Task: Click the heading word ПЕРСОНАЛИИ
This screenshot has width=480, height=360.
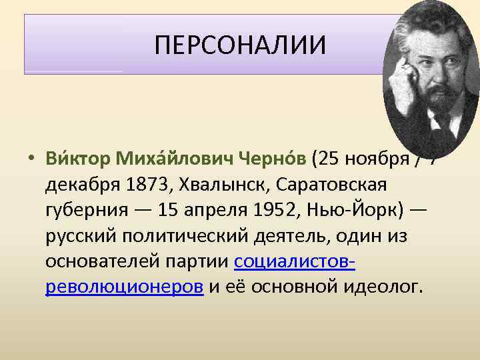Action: click(x=240, y=45)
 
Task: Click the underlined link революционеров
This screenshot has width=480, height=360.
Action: click(x=125, y=287)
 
